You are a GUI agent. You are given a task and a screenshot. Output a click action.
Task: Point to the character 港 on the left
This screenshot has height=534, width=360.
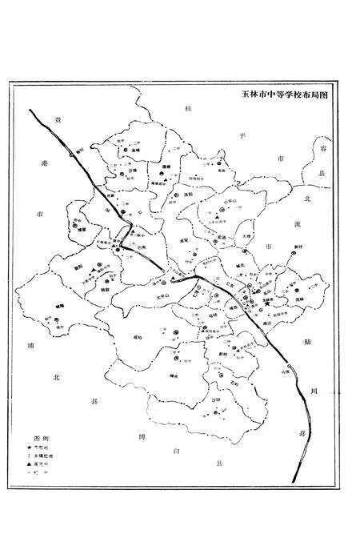click(46, 163)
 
